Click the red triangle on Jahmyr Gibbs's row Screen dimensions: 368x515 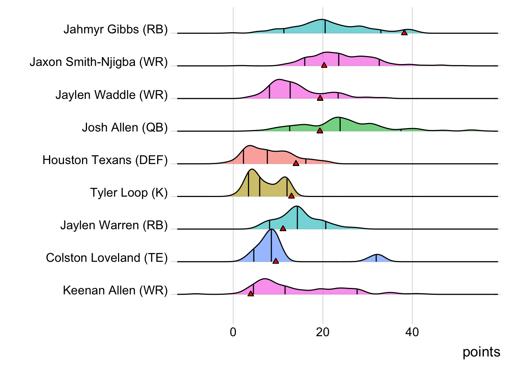[x=404, y=33]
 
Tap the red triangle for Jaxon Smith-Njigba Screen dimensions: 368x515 [x=324, y=65]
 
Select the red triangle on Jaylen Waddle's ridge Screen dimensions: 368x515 [x=320, y=98]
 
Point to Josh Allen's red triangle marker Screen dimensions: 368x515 [x=320, y=131]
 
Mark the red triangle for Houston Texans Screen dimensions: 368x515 [x=296, y=163]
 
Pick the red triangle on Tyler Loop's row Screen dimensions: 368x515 [x=291, y=196]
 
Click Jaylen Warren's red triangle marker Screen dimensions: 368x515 [x=283, y=228]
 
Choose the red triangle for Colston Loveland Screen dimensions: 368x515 [x=276, y=261]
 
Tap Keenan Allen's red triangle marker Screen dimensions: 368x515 [x=251, y=294]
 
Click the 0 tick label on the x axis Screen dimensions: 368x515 [x=233, y=332]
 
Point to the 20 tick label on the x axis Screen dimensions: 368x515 [x=323, y=332]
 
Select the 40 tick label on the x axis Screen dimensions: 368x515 [x=412, y=332]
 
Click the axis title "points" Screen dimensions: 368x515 [x=481, y=352]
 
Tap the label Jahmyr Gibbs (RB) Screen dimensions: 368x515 [x=115, y=29]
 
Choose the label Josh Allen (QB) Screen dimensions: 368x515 [x=125, y=127]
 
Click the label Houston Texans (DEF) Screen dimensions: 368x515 [x=105, y=160]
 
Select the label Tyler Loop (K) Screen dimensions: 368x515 [x=129, y=192]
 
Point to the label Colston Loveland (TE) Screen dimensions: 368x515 [x=107, y=258]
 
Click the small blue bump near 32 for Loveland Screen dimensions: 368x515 [x=377, y=258]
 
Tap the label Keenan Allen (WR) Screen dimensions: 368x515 [x=115, y=290]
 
